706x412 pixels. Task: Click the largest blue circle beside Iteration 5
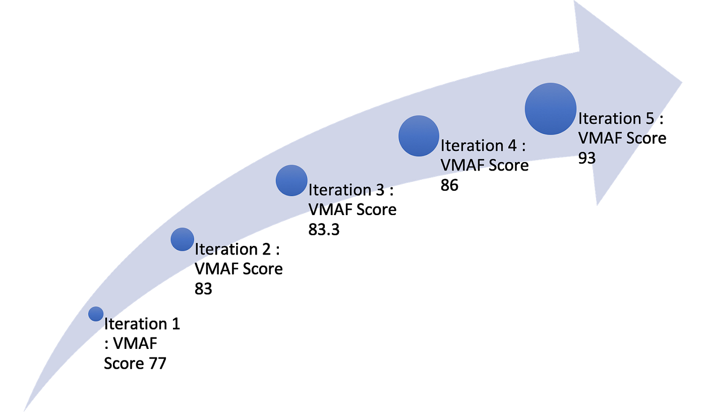tap(551, 109)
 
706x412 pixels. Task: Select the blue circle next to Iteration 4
tap(419, 135)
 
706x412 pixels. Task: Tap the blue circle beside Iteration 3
tap(291, 180)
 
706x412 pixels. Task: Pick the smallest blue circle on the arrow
tap(96, 314)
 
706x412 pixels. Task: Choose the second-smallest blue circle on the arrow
tap(182, 239)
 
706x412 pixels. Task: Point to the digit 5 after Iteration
tap(649, 118)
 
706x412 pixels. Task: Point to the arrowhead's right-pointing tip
tap(683, 81)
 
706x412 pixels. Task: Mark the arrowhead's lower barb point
tap(597, 206)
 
